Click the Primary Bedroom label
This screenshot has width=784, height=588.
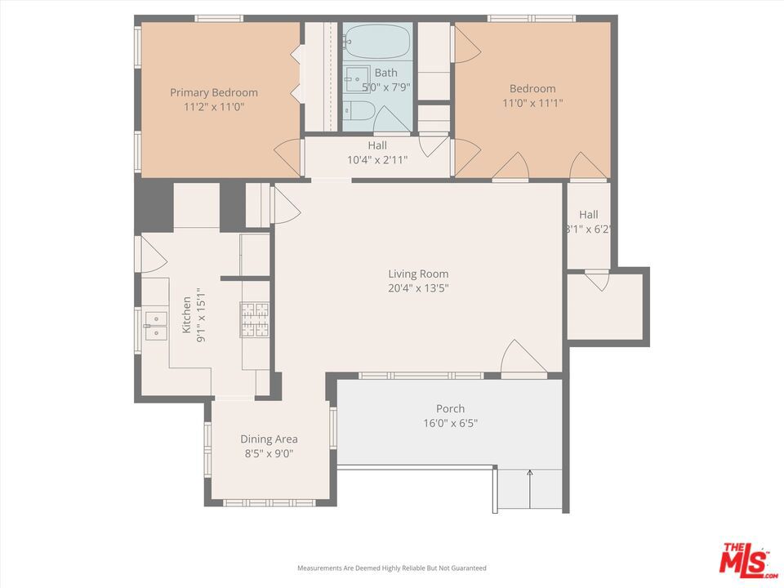pyautogui.click(x=214, y=92)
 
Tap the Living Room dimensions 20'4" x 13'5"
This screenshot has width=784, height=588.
pyautogui.click(x=418, y=288)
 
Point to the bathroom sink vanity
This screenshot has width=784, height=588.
pyautogui.click(x=357, y=79)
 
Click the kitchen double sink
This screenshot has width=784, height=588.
pyautogui.click(x=155, y=326)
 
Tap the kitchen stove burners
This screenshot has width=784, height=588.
pyautogui.click(x=255, y=319)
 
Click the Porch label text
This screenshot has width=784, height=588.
pyautogui.click(x=450, y=408)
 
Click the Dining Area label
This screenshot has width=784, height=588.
pyautogui.click(x=269, y=439)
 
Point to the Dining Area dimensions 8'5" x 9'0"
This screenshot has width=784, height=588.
pyautogui.click(x=269, y=453)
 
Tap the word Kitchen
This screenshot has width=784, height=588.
pyautogui.click(x=186, y=315)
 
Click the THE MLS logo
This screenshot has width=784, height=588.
pyautogui.click(x=747, y=559)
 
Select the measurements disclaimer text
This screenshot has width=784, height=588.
pyautogui.click(x=392, y=568)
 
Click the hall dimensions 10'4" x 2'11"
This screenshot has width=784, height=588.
pyautogui.click(x=377, y=160)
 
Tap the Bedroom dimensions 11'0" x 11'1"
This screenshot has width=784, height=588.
pyautogui.click(x=532, y=103)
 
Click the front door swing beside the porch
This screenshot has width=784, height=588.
pyautogui.click(x=523, y=357)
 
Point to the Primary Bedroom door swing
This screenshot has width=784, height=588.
pyautogui.click(x=287, y=158)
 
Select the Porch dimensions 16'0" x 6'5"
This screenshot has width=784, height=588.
pyautogui.click(x=450, y=423)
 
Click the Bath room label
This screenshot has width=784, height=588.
pyautogui.click(x=386, y=73)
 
